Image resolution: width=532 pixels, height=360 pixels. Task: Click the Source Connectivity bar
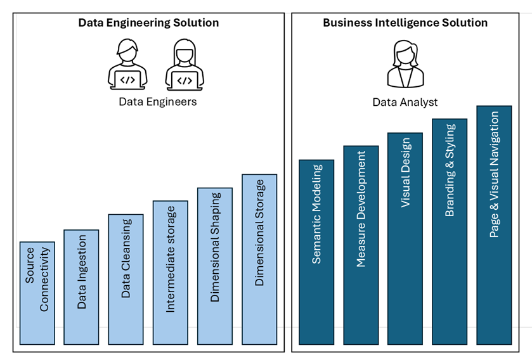37,293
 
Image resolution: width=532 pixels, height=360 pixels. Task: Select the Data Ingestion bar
81,286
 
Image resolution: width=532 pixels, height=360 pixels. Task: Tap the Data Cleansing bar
126,279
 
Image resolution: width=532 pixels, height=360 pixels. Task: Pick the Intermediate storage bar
170,273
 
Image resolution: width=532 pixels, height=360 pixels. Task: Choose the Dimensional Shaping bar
214,266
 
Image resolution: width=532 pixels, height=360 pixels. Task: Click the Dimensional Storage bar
259,259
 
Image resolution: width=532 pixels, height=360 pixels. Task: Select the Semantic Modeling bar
316,252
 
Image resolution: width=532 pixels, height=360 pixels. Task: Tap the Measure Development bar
361,245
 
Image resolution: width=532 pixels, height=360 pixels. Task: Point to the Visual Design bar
405,238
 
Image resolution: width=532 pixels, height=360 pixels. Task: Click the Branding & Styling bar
450,231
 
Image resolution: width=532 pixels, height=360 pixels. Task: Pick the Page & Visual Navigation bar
494,225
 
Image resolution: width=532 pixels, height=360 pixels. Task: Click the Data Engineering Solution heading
148,23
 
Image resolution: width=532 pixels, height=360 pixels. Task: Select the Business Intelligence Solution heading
405,23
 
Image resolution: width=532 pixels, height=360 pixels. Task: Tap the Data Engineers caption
158,101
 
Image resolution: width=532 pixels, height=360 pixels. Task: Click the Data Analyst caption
405,102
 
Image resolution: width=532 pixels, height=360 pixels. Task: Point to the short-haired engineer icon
128,63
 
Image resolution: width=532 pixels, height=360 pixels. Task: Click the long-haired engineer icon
185,63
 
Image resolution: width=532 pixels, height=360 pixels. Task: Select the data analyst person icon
405,63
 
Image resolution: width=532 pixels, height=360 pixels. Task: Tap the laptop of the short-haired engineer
128,79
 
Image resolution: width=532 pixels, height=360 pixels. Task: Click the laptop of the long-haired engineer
185,79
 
